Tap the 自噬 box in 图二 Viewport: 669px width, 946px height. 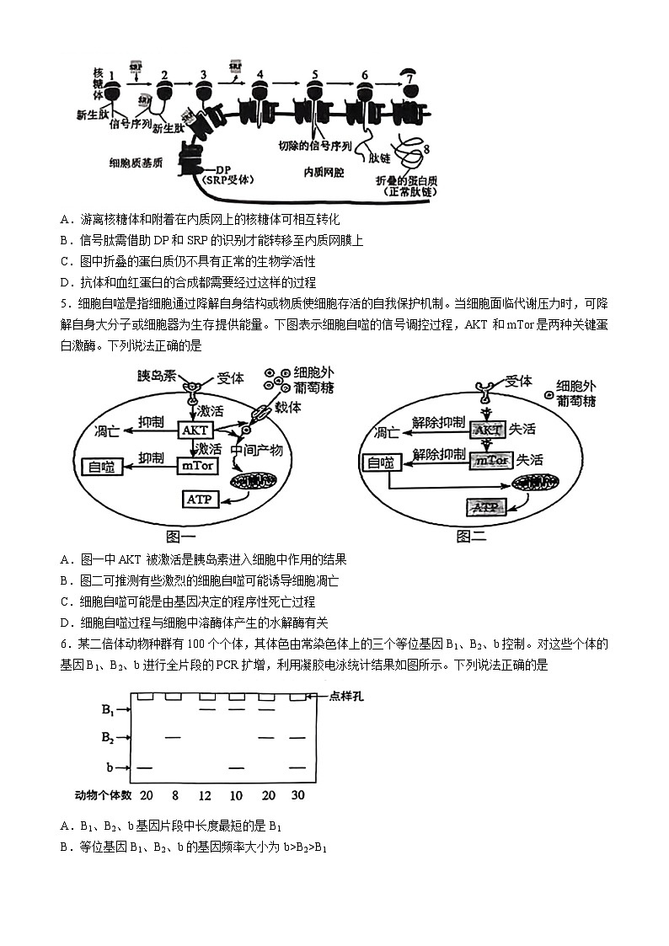379,462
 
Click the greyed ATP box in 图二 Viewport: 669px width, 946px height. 484,507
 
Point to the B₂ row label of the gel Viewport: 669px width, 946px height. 108,738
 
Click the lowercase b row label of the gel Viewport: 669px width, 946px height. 110,768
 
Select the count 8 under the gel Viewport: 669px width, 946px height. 174,795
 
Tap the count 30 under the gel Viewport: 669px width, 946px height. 297,795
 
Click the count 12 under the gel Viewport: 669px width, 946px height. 206,795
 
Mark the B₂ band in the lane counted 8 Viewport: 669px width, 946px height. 174,738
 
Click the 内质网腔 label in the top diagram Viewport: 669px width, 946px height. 324,172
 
